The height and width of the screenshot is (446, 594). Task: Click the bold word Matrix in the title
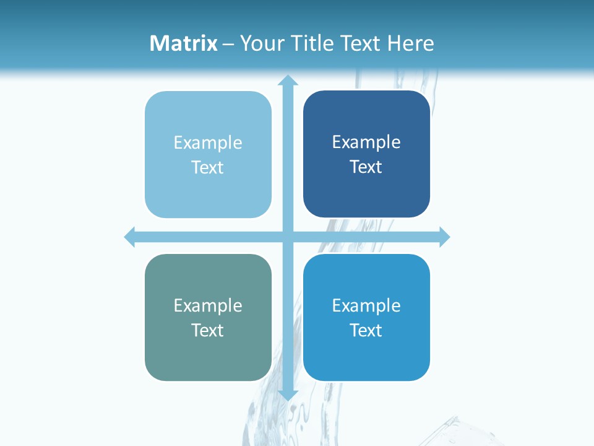pyautogui.click(x=184, y=43)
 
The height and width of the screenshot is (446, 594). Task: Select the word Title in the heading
pyautogui.click(x=313, y=43)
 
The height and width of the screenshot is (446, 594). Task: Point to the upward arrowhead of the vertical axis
pyautogui.click(x=287, y=81)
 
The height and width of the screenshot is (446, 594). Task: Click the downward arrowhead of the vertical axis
pyautogui.click(x=287, y=395)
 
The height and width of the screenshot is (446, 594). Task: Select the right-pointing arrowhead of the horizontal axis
pyautogui.click(x=444, y=237)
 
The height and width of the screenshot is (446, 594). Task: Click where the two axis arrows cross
pyautogui.click(x=287, y=237)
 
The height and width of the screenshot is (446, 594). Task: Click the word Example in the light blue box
pyautogui.click(x=208, y=143)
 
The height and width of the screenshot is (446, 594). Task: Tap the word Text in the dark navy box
pyautogui.click(x=366, y=167)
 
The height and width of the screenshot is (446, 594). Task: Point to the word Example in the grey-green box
pyautogui.click(x=208, y=306)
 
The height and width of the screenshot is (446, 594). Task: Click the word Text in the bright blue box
pyautogui.click(x=366, y=330)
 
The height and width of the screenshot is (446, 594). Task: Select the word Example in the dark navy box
pyautogui.click(x=366, y=142)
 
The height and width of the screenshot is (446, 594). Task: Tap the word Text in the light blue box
pyautogui.click(x=208, y=168)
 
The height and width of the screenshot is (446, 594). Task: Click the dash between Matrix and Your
pyautogui.click(x=228, y=44)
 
